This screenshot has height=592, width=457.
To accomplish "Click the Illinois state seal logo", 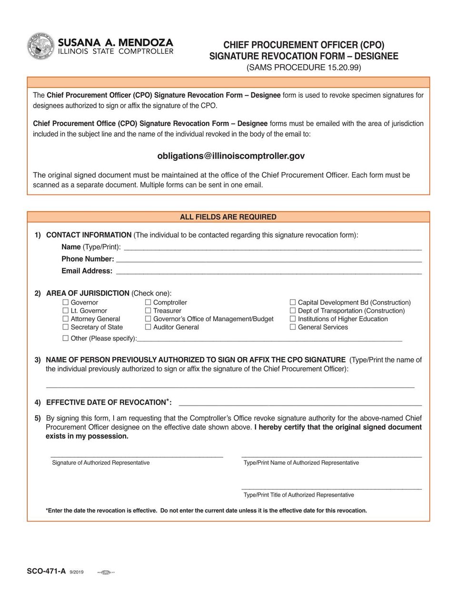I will (x=41, y=46).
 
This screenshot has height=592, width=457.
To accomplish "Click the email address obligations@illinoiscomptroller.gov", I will (x=231, y=156).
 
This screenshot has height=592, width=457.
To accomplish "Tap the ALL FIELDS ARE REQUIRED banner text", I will (x=228, y=217).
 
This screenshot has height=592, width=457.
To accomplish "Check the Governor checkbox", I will (x=66, y=302).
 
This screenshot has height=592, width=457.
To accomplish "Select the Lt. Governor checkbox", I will (x=66, y=310).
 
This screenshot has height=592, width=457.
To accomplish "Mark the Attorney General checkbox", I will (x=66, y=318).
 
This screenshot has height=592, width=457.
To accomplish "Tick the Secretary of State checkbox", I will (x=66, y=327).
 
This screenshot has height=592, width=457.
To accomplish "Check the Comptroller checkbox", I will (x=148, y=302).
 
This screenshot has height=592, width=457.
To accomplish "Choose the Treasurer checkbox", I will (x=148, y=310).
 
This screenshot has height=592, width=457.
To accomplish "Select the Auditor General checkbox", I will (x=148, y=327).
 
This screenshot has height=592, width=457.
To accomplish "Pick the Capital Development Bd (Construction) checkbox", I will (x=293, y=302).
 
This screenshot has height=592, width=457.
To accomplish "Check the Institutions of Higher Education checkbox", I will (x=293, y=318).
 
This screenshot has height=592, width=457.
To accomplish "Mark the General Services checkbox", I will (x=293, y=327).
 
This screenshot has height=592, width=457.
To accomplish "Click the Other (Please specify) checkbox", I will (x=66, y=338).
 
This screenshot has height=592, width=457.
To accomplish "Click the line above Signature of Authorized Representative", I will (x=137, y=456).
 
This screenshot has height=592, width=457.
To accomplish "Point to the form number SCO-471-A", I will (x=46, y=571).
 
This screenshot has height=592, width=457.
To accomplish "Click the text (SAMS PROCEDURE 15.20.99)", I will (x=304, y=68).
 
